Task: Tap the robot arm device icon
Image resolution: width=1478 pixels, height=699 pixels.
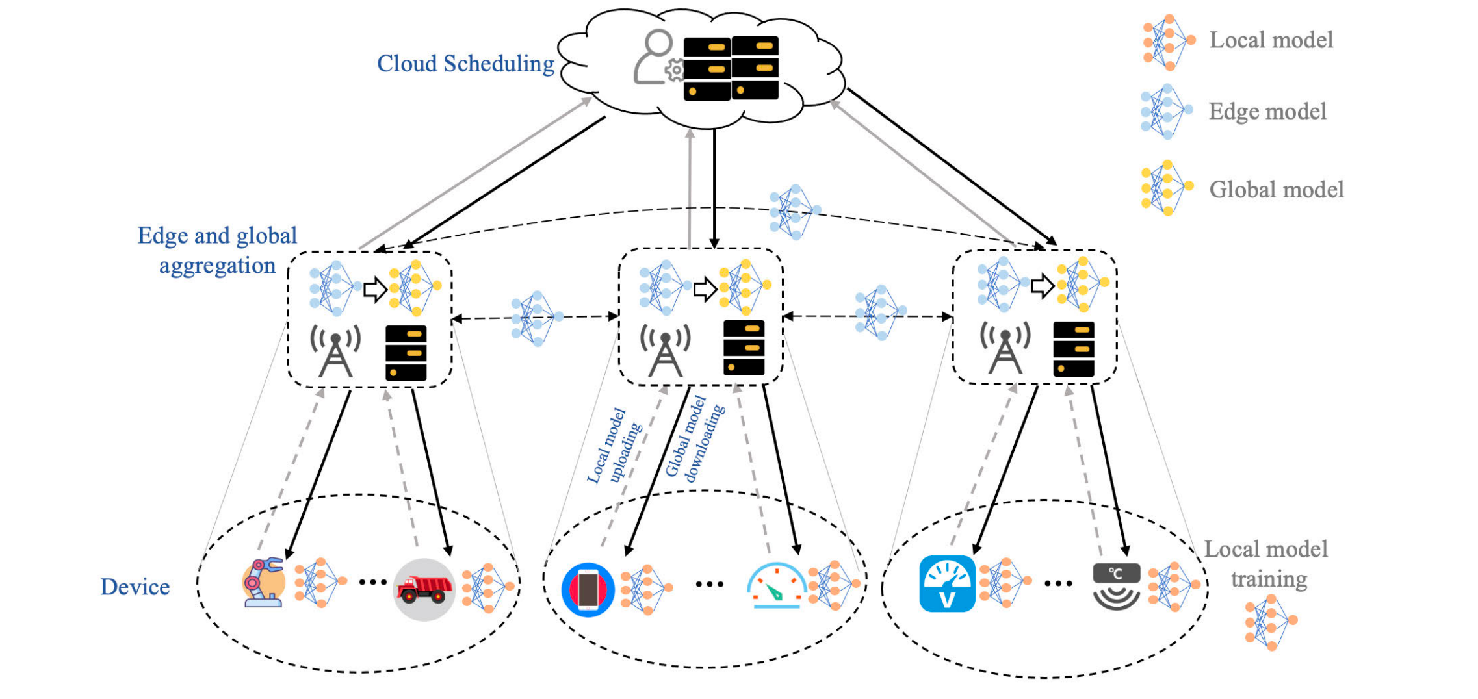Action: [264, 583]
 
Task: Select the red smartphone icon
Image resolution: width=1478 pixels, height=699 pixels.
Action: [588, 589]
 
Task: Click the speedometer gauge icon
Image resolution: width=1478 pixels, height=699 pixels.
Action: [776, 585]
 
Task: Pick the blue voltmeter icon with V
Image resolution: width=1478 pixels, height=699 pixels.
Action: [947, 584]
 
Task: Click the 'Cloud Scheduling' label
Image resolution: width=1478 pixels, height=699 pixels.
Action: [465, 64]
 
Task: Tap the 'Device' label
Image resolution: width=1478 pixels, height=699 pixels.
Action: [135, 587]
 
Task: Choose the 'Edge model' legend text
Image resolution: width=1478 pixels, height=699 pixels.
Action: [1267, 112]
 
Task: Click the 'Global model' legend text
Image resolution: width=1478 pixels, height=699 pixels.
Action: [1276, 190]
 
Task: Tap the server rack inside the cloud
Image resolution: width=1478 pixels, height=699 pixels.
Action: [731, 68]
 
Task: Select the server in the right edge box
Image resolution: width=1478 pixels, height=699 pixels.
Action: [1073, 349]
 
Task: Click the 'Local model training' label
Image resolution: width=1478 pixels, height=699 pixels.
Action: [1266, 563]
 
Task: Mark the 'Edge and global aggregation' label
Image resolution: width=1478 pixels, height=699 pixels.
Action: [217, 250]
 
